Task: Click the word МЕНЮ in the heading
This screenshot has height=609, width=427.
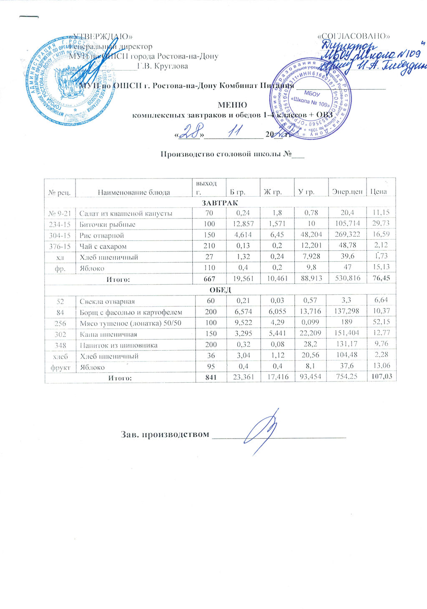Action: (232, 105)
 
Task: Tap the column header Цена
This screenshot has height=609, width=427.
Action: (378, 192)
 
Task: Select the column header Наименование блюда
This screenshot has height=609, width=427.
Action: (133, 192)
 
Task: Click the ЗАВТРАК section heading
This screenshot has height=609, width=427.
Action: (220, 203)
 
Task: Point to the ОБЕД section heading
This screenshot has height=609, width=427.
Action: (220, 290)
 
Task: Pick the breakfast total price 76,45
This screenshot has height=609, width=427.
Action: (381, 279)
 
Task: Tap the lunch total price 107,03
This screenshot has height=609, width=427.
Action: (381, 378)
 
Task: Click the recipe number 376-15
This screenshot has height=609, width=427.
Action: (60, 246)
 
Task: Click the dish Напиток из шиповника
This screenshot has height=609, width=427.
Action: (118, 345)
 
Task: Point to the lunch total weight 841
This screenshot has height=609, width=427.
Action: (208, 378)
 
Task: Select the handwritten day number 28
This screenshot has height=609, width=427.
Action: (191, 133)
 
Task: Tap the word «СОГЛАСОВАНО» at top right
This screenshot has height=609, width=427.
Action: (354, 36)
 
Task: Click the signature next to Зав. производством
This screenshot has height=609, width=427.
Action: (262, 431)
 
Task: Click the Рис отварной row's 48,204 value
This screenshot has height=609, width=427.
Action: (311, 236)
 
